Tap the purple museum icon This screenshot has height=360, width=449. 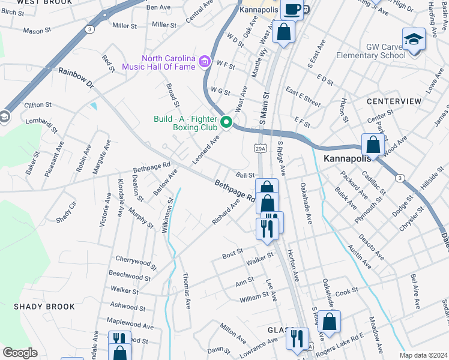205,61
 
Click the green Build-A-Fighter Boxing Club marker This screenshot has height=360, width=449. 226,122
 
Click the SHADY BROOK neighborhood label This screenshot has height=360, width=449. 44,307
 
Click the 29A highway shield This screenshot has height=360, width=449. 260,148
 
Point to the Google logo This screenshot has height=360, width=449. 20,353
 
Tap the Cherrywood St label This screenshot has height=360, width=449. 136,262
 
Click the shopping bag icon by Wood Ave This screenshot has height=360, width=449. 373,145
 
